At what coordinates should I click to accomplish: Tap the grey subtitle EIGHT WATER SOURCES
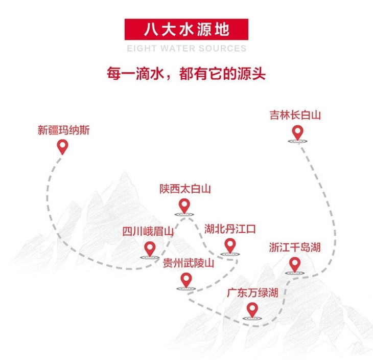coord(186,49)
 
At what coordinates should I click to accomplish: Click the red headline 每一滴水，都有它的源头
coord(186,73)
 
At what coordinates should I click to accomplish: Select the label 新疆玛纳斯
coord(63,130)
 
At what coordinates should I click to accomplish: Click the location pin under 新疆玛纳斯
coord(62,148)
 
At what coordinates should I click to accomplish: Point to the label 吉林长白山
coord(295,115)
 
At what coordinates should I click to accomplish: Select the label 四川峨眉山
coord(148,232)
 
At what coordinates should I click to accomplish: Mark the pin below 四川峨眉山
coord(149,249)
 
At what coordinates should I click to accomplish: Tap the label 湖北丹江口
coord(230,228)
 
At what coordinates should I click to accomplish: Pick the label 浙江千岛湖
coord(295,247)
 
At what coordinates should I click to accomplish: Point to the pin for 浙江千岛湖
coord(294,265)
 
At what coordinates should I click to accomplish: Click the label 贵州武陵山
coord(189,263)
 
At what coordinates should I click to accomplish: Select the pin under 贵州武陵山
coord(186,280)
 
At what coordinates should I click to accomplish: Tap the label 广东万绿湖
coord(252,294)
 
